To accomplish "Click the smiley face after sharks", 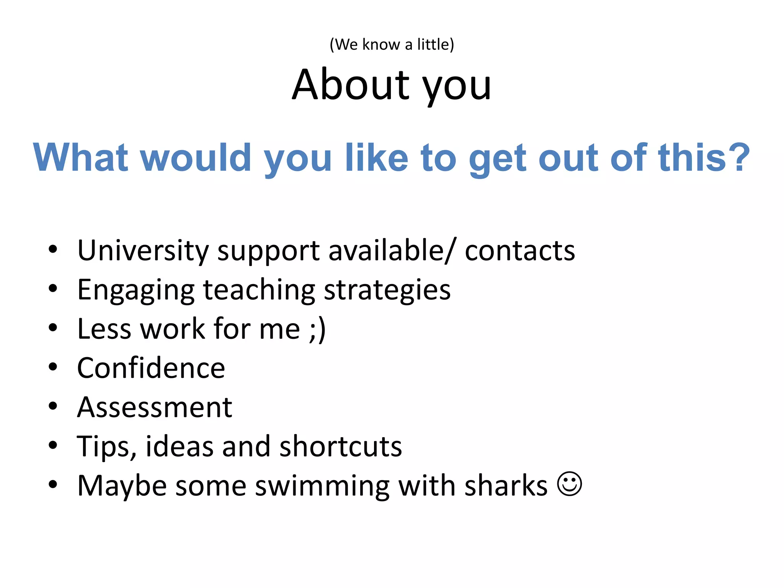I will point(570,484).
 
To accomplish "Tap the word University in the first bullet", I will point(143,251).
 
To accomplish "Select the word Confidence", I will point(151,368).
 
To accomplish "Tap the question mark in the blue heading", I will point(739,157).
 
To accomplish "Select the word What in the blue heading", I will point(81,157).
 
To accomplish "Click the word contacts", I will point(520,251).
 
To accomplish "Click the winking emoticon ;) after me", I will point(317,329).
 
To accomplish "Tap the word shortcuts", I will point(341,446).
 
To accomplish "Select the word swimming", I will point(322,486).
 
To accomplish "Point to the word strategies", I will point(387,290).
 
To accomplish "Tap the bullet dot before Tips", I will point(53,445).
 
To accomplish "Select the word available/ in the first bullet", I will point(392,251).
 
